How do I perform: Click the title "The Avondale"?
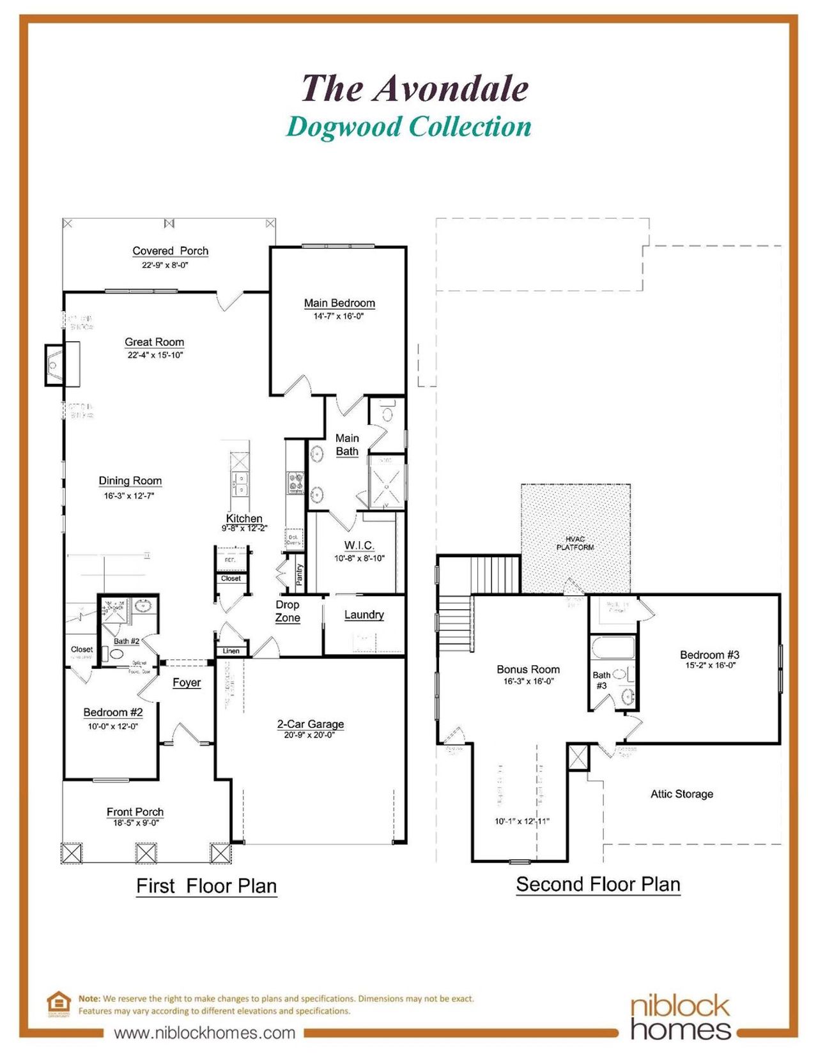coord(415,88)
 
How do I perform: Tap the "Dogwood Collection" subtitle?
coord(408,126)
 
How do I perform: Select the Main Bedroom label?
coord(339,303)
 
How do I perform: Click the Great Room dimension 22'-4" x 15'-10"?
coord(155,355)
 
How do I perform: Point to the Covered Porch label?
coord(170,251)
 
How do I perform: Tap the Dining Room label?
coord(130,480)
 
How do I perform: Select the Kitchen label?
coord(244,518)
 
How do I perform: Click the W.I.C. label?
coord(359,545)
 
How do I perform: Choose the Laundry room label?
coord(364,615)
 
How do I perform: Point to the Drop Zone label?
coord(288,611)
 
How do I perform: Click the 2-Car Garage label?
coord(311,724)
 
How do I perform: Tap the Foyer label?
coord(187,682)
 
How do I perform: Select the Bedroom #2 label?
coord(113,712)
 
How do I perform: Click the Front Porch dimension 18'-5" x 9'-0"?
coord(136,823)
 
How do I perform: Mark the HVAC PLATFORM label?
coord(575,543)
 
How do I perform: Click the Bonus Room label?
coord(528,669)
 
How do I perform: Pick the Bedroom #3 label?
coord(709,655)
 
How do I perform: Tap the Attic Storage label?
coord(682,793)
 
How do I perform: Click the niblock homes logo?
coord(680,1017)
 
